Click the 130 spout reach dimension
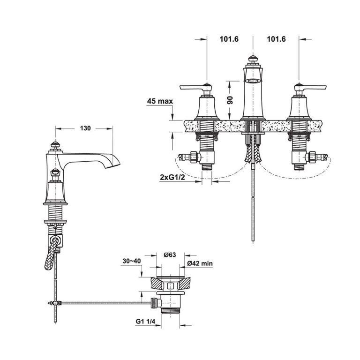pos(85,128)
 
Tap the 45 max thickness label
pos(160,101)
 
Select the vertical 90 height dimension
pos(230,100)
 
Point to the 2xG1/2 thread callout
pos(172,177)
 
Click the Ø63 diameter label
pos(170,255)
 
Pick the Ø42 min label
pos(200,263)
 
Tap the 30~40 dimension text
pos(132,261)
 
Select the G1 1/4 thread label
pos(145,322)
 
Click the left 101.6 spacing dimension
pos(229,39)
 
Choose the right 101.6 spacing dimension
pos(276,39)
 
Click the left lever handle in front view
pos(195,88)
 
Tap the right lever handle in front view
pos(310,88)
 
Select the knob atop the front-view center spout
pos(253,59)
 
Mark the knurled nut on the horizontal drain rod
pos(153,303)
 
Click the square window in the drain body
pos(170,285)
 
